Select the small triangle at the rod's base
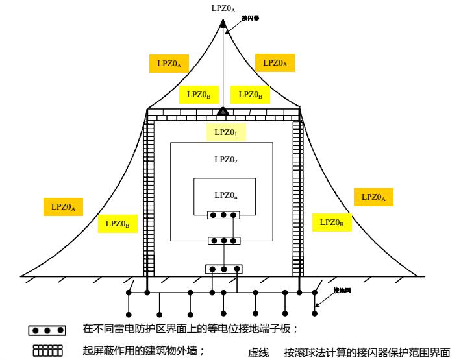point(222,112)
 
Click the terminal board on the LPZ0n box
point(223,215)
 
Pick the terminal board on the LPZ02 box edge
point(223,241)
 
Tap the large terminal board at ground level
point(223,269)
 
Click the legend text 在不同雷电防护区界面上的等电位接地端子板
point(190,329)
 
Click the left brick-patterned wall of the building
point(148,195)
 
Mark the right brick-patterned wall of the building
point(298,195)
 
